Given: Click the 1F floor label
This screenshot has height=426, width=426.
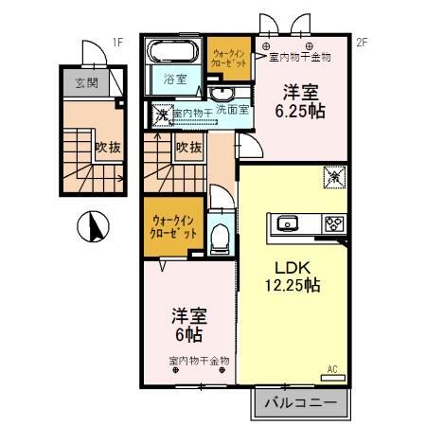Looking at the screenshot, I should tap(118, 43).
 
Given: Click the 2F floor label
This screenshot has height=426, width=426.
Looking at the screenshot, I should tap(361, 43).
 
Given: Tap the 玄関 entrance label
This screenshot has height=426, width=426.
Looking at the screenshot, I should tap(86, 82).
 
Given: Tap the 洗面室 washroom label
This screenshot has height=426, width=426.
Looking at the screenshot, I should tap(232, 110).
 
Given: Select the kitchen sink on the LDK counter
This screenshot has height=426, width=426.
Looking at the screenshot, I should tap(289, 224).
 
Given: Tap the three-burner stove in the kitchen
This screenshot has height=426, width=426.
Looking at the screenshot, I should tap(332, 224).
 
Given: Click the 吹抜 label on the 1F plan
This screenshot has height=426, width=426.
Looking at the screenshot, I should tap(105, 147).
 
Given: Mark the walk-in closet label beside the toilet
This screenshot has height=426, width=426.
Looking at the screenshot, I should tap(174, 227).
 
